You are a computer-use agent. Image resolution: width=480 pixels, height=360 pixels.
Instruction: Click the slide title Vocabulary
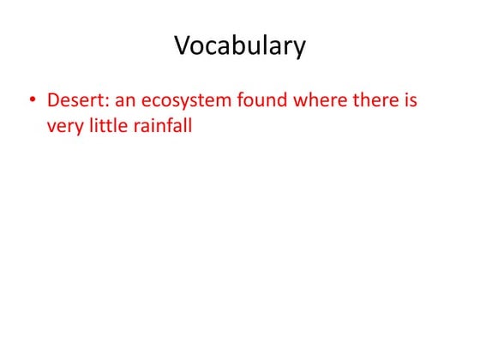[x=240, y=45]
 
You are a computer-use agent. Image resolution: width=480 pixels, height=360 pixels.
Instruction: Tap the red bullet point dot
[x=32, y=102]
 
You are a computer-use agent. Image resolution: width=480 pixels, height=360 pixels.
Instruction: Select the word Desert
[x=75, y=101]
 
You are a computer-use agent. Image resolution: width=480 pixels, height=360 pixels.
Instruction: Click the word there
[x=375, y=101]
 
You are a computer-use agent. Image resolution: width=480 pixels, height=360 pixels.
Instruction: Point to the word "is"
[x=411, y=101]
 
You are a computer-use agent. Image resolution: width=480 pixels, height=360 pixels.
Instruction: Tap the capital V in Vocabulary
[x=183, y=45]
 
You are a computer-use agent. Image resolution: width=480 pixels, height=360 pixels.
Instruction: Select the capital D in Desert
[x=53, y=101]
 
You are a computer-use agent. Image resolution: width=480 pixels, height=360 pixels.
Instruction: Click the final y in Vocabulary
[x=299, y=50]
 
